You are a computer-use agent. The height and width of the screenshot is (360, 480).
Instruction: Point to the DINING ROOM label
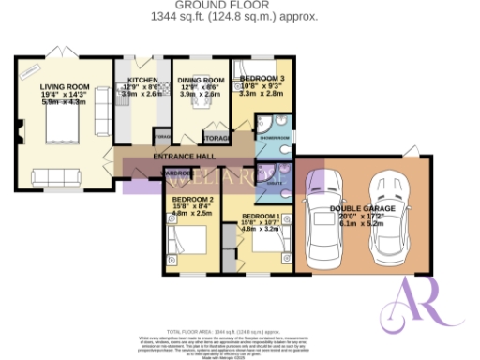coord(202,81)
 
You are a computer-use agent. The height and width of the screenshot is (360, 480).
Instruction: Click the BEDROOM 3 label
coord(262,79)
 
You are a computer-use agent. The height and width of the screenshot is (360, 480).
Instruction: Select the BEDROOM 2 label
coord(192,199)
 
